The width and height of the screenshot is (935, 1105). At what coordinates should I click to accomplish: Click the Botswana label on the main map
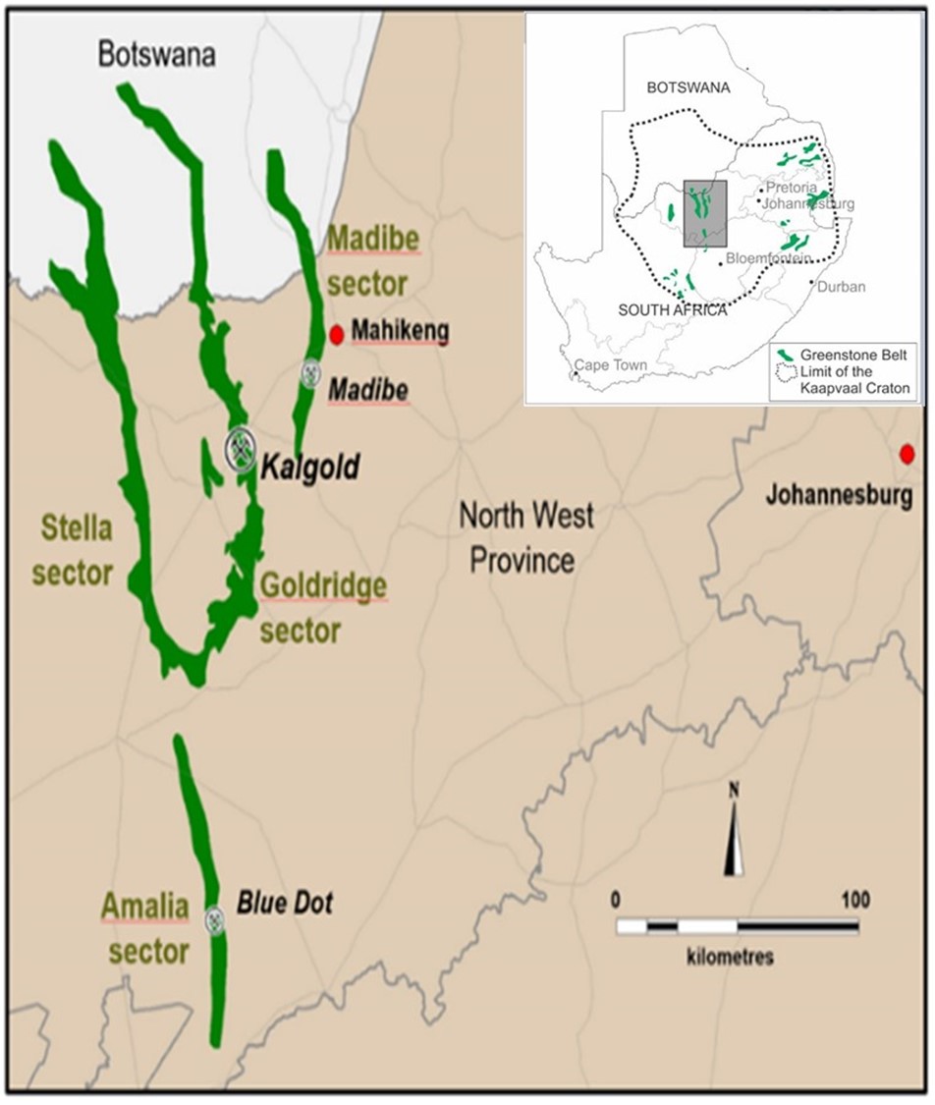click(x=156, y=55)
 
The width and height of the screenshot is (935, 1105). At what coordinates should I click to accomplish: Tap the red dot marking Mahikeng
click(x=336, y=335)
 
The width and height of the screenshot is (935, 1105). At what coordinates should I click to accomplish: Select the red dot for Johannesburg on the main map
click(x=908, y=454)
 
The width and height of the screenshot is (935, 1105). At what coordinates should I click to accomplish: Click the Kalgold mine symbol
click(x=240, y=448)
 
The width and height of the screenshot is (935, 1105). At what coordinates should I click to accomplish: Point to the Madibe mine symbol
click(x=311, y=373)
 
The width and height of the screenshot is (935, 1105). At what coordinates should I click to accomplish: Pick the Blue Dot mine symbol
click(x=214, y=920)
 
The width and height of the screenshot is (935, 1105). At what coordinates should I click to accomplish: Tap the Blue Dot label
click(x=285, y=903)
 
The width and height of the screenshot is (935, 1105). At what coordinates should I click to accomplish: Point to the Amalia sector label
click(x=144, y=928)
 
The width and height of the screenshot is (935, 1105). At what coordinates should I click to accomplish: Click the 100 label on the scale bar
click(x=854, y=899)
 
